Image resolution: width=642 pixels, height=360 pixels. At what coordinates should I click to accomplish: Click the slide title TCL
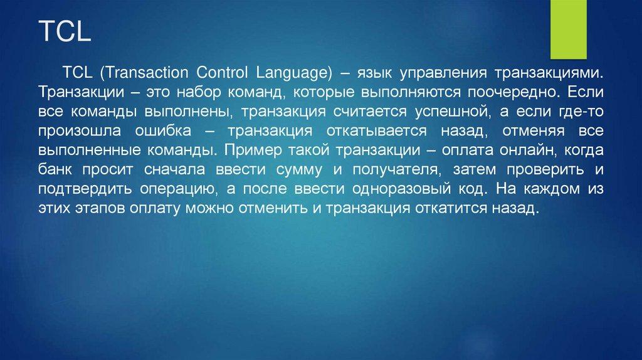point(65,31)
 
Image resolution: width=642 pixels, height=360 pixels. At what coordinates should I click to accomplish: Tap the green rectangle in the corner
point(568,29)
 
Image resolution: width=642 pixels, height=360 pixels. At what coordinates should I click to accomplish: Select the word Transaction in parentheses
point(144,73)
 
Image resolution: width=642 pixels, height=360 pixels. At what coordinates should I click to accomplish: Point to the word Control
point(222,73)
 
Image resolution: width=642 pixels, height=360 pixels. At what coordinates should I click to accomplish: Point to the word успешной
point(453,112)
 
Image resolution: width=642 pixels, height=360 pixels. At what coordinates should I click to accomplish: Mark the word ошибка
point(163,131)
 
